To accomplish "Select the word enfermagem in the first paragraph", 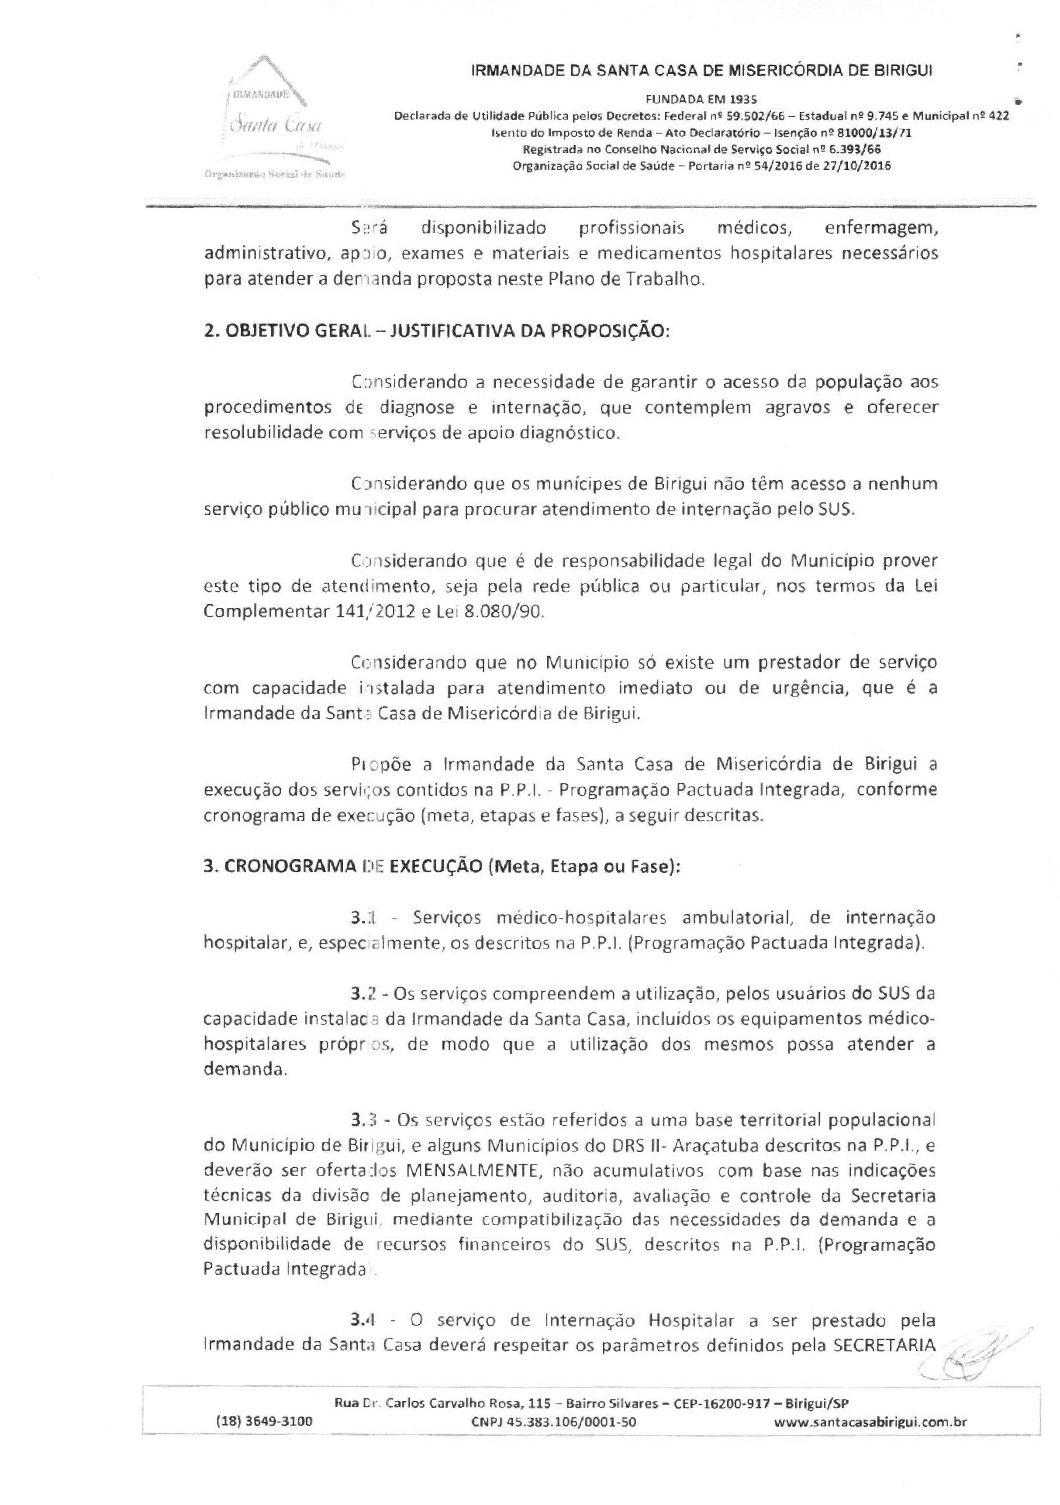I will [x=880, y=228].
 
